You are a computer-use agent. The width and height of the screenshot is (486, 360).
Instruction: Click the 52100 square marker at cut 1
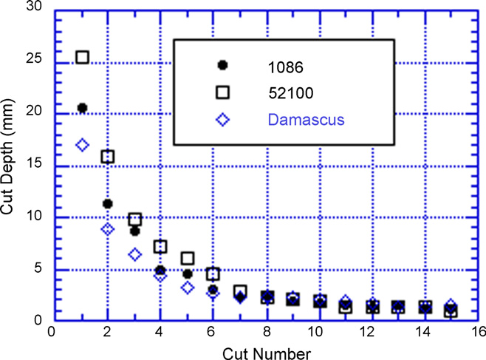pyautogui.click(x=83, y=58)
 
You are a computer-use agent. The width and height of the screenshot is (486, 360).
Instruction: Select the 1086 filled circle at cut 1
pyautogui.click(x=83, y=108)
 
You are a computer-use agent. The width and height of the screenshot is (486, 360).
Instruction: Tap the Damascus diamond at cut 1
pyautogui.click(x=83, y=145)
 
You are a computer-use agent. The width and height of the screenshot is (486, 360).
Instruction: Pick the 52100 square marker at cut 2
pyautogui.click(x=108, y=157)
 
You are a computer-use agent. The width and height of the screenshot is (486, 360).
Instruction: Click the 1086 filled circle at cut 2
pyautogui.click(x=108, y=204)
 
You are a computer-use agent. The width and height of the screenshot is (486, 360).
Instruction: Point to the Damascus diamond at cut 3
pyautogui.click(x=135, y=255)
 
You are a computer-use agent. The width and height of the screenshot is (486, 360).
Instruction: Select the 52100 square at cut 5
pyautogui.click(x=188, y=258)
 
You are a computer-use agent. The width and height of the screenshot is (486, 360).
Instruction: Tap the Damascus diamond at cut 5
pyautogui.click(x=188, y=288)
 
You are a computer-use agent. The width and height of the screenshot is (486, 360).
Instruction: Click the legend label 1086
pyautogui.click(x=285, y=67)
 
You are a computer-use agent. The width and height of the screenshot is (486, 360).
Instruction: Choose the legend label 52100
pyautogui.click(x=291, y=93)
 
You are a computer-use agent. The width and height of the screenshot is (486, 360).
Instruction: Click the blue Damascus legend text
pyautogui.click(x=307, y=120)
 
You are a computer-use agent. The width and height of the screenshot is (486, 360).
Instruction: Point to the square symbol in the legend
pyautogui.click(x=222, y=92)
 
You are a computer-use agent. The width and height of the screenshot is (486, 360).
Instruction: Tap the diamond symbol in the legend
pyautogui.click(x=222, y=120)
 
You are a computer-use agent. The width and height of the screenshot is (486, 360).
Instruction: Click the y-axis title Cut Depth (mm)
pyautogui.click(x=7, y=157)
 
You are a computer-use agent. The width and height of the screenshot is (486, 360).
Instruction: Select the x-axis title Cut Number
pyautogui.click(x=267, y=354)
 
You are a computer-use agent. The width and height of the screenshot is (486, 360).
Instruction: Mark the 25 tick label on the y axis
pyautogui.click(x=34, y=58)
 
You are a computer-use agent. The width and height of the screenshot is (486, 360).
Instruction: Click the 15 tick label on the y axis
pyautogui.click(x=34, y=162)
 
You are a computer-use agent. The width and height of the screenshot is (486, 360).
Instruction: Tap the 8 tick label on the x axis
pyautogui.click(x=267, y=332)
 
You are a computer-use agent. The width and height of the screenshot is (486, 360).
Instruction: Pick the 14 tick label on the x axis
pyautogui.click(x=422, y=332)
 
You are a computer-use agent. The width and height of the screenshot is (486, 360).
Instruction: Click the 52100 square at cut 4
pyautogui.click(x=160, y=246)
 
